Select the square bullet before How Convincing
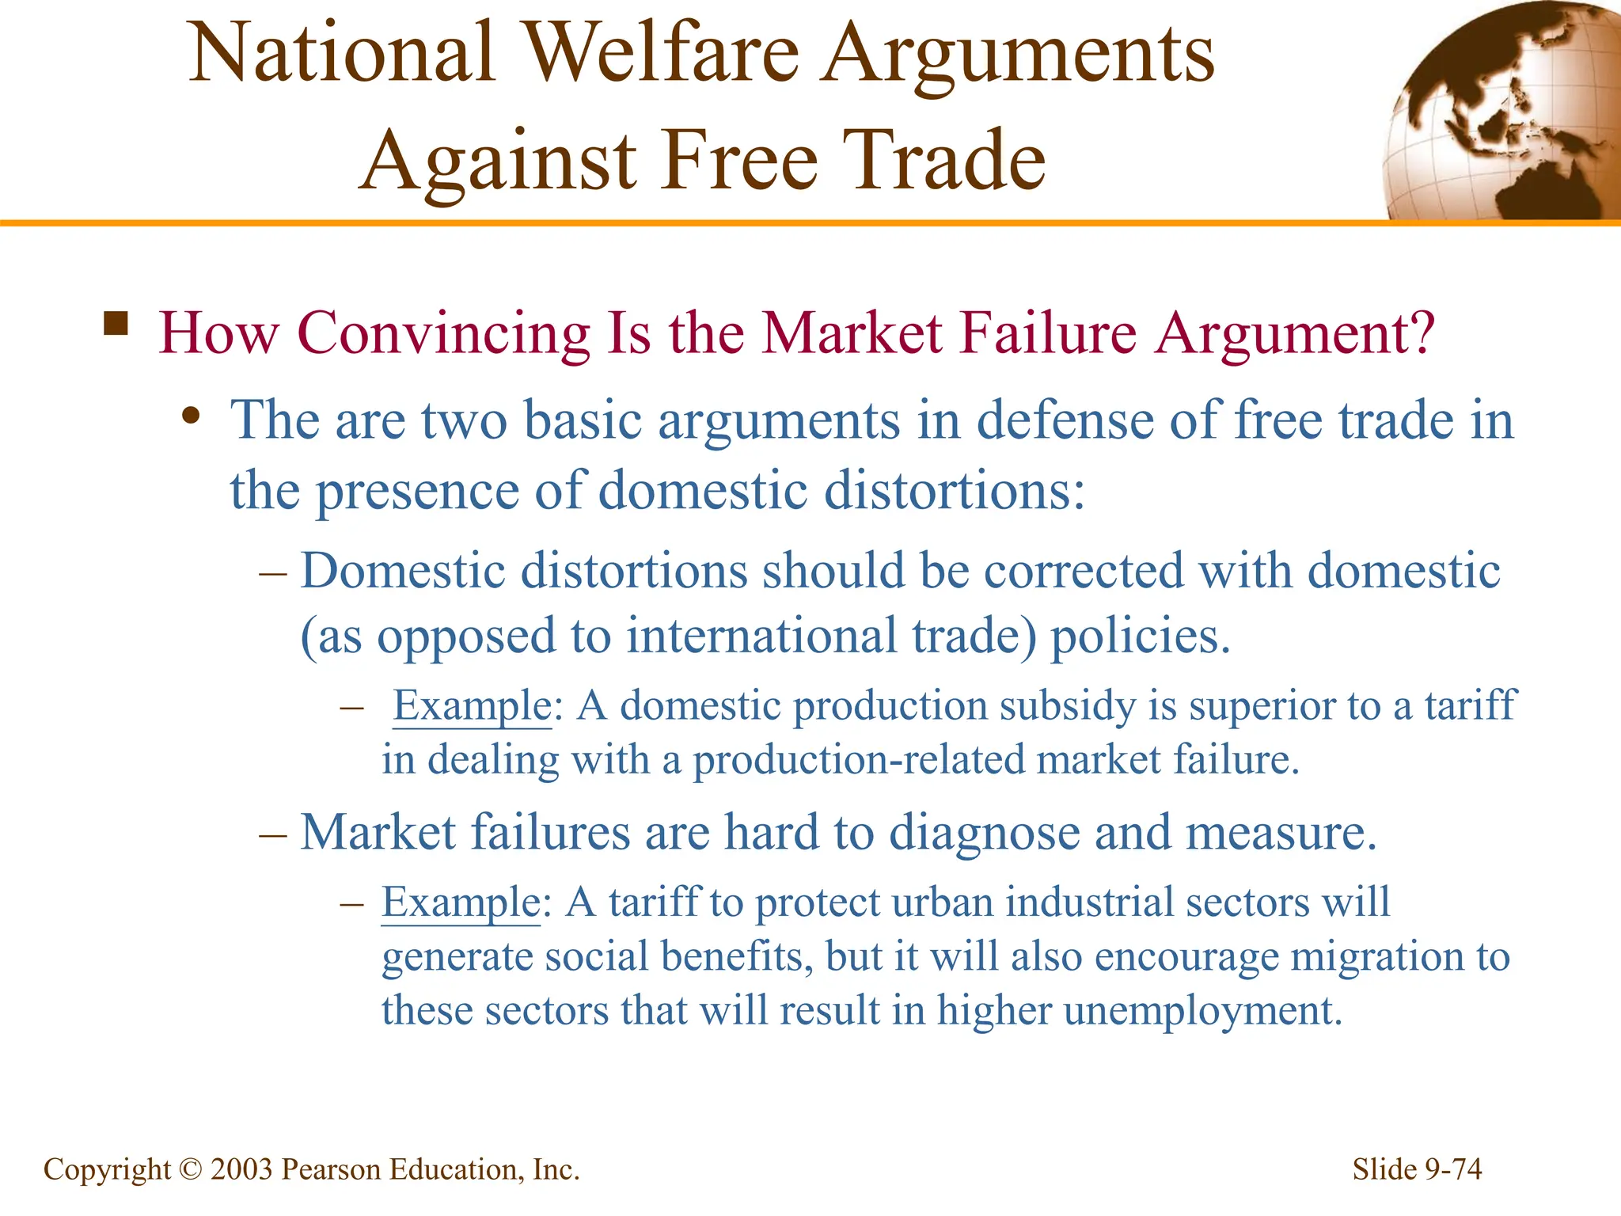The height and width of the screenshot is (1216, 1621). tap(116, 325)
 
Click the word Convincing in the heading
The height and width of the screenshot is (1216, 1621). tap(444, 333)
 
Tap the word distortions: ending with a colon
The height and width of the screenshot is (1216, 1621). tap(954, 491)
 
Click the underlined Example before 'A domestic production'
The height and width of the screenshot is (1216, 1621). tap(473, 705)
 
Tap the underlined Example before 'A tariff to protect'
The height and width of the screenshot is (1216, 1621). tap(461, 902)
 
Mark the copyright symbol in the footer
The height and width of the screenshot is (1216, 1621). tap(191, 1169)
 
